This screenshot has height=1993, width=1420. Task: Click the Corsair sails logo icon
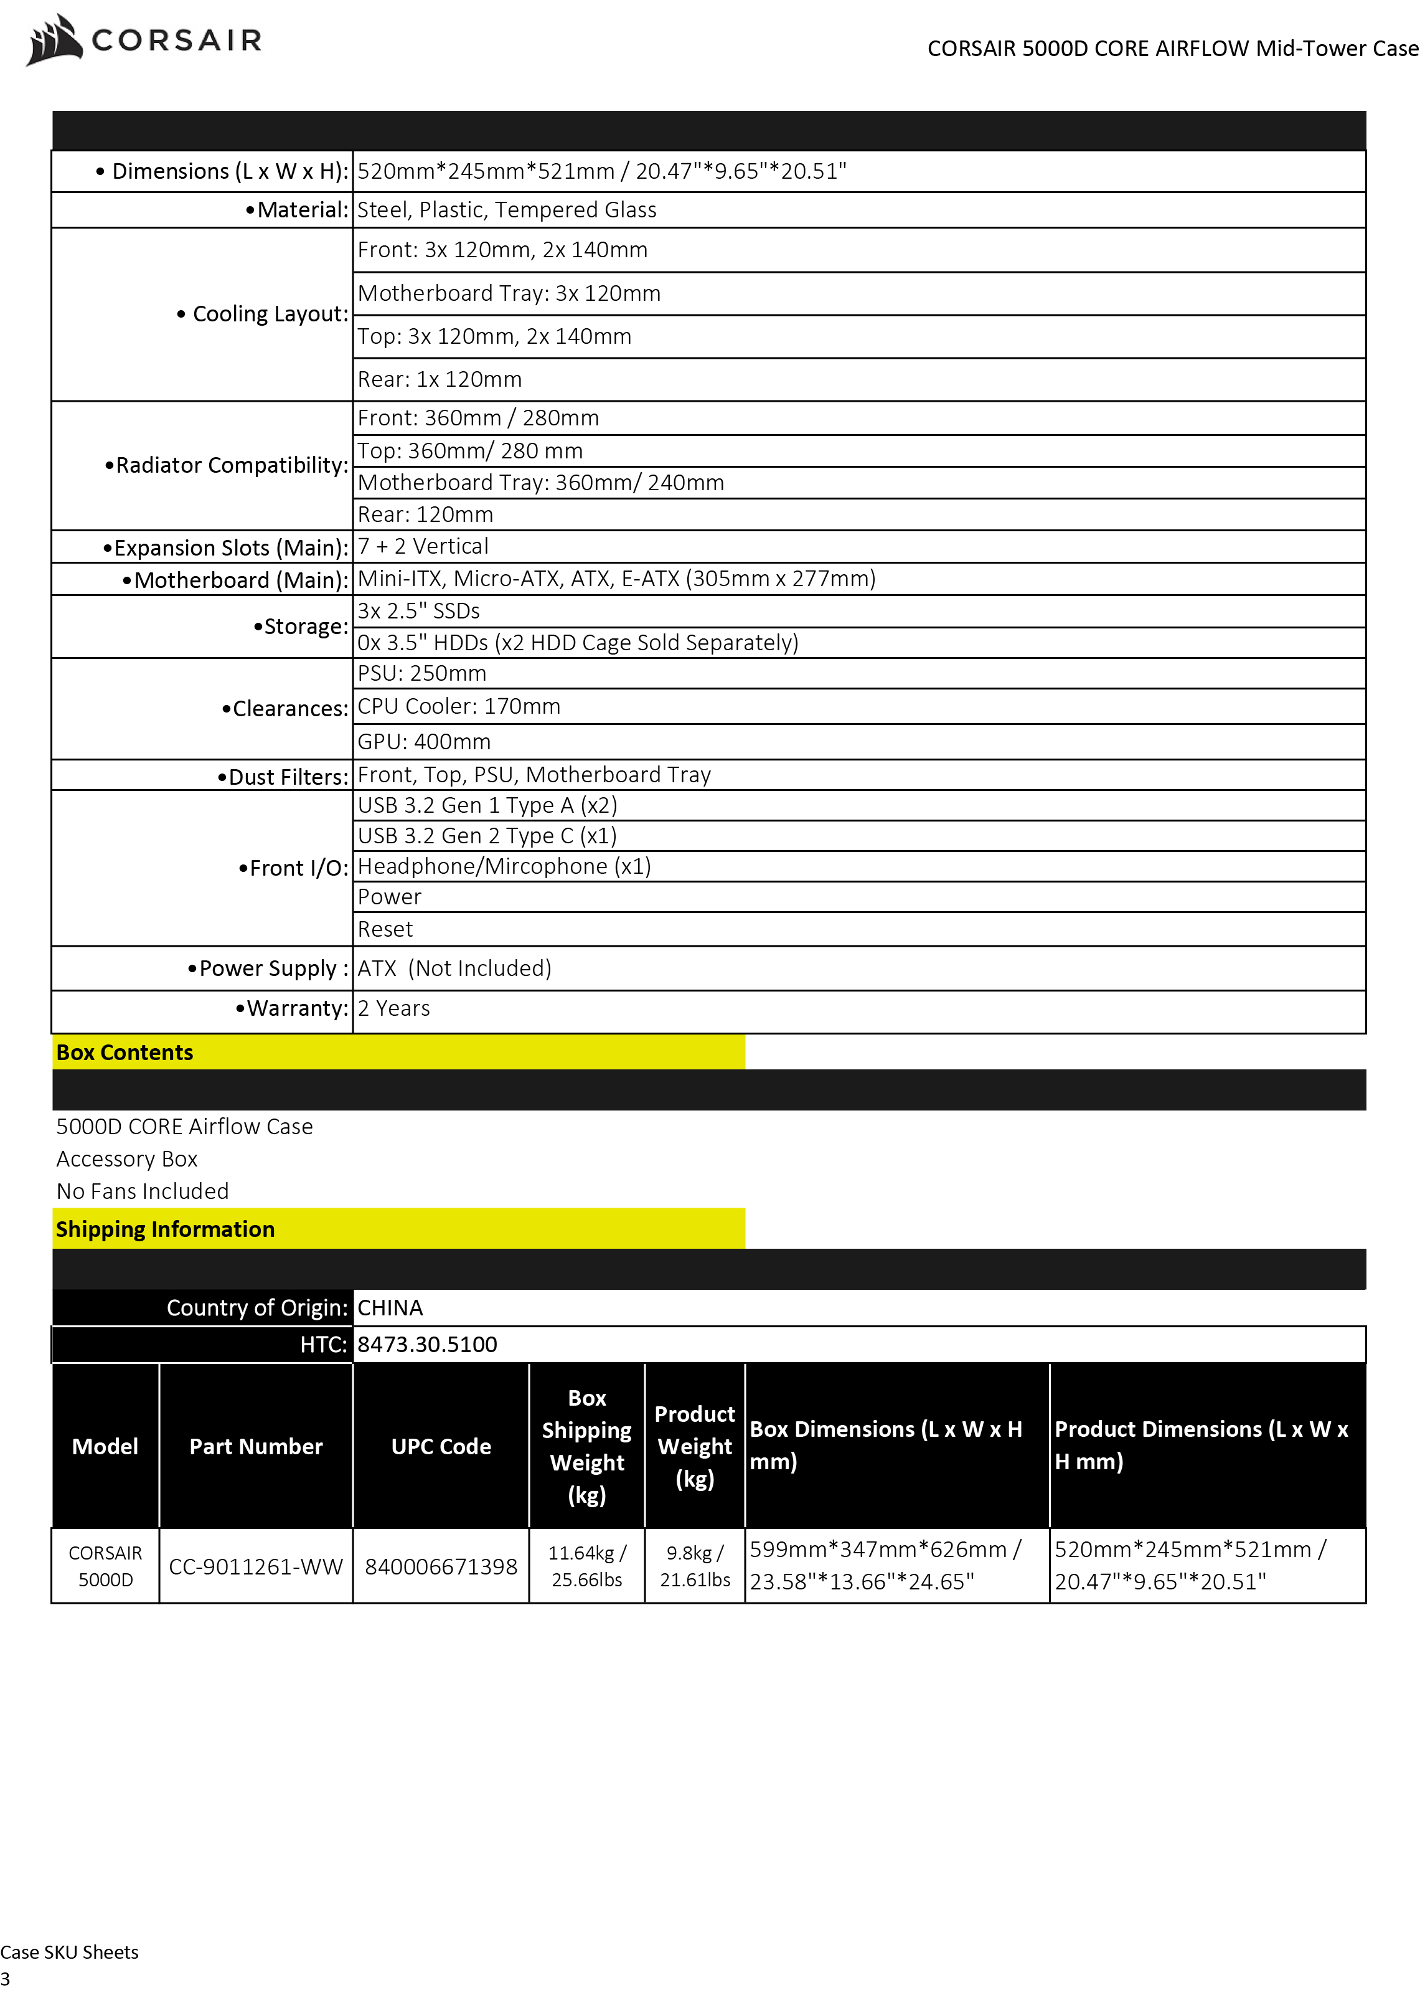pos(54,40)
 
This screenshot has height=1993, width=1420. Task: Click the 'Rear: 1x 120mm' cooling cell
pos(439,379)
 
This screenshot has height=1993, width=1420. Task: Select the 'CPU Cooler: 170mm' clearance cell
pos(458,707)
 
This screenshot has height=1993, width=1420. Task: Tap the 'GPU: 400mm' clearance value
pos(423,742)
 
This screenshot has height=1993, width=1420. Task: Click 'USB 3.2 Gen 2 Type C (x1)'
pos(487,836)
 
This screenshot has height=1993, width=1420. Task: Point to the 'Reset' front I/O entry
pos(385,930)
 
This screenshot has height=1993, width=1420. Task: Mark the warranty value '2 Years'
pos(393,1008)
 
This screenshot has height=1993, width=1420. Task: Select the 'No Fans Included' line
pos(143,1191)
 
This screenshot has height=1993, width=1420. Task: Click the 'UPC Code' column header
pos(441,1446)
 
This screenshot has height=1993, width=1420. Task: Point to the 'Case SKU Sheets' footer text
pos(69,1952)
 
